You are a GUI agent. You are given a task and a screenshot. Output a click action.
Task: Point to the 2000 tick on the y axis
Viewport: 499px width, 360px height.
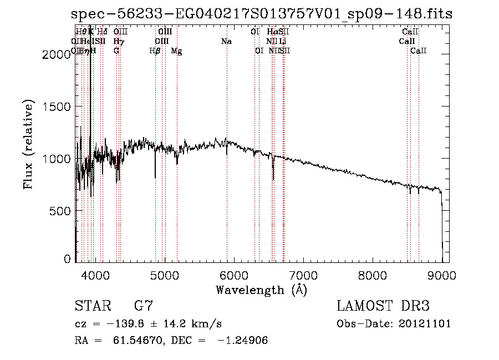(x=57, y=54)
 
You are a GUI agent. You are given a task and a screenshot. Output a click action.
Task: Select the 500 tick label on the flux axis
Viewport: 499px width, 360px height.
(x=60, y=211)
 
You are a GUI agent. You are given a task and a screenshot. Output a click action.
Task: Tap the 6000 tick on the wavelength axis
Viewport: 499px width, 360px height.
(x=234, y=274)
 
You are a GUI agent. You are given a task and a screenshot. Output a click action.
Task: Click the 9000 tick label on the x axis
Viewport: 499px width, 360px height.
(x=442, y=274)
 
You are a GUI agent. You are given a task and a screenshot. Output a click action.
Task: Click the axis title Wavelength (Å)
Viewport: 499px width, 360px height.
(x=261, y=290)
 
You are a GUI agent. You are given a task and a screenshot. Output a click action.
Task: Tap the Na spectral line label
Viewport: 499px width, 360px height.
(x=226, y=41)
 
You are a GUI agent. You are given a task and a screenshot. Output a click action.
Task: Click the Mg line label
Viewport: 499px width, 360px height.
(x=176, y=51)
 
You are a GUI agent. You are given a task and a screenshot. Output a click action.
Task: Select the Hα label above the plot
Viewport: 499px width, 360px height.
(x=272, y=32)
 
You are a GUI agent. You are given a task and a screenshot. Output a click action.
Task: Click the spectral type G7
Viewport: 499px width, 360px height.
(x=144, y=306)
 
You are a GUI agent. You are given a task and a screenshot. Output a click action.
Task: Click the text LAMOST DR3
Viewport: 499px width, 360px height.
(x=383, y=306)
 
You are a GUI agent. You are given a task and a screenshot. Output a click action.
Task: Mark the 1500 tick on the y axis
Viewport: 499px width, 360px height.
(x=57, y=107)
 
